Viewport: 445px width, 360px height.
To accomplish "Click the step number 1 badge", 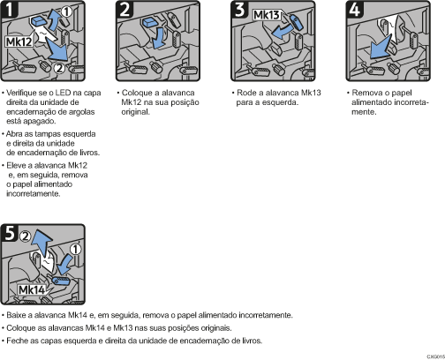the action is pos(10,9).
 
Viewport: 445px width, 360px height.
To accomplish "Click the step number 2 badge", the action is pos(124,9).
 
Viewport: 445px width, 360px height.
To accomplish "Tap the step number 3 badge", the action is pos(239,9).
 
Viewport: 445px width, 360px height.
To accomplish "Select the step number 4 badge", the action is pos(355,9).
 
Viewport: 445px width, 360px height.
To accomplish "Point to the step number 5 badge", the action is pos(10,232).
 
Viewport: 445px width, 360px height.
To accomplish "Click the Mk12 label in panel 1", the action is pos(19,41).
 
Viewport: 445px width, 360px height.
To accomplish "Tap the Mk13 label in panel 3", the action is pos(267,15).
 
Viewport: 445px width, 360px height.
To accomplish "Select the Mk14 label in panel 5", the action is pos(32,290).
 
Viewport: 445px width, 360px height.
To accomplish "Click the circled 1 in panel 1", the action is pos(66,11).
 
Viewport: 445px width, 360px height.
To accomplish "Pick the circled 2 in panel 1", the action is pos(59,68).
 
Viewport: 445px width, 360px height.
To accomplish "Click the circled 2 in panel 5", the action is pos(26,236).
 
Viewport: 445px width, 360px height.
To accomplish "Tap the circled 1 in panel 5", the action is pos(76,250).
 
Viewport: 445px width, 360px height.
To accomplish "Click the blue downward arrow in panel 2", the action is pos(159,38).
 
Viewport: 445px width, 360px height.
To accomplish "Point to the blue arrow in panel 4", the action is pos(380,48).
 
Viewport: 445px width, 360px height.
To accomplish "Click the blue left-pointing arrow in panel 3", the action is pos(282,32).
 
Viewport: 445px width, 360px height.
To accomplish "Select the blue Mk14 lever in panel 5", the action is pos(61,281).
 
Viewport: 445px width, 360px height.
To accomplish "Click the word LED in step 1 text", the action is pos(63,93).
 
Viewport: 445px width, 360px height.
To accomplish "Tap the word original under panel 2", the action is pos(135,112).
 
